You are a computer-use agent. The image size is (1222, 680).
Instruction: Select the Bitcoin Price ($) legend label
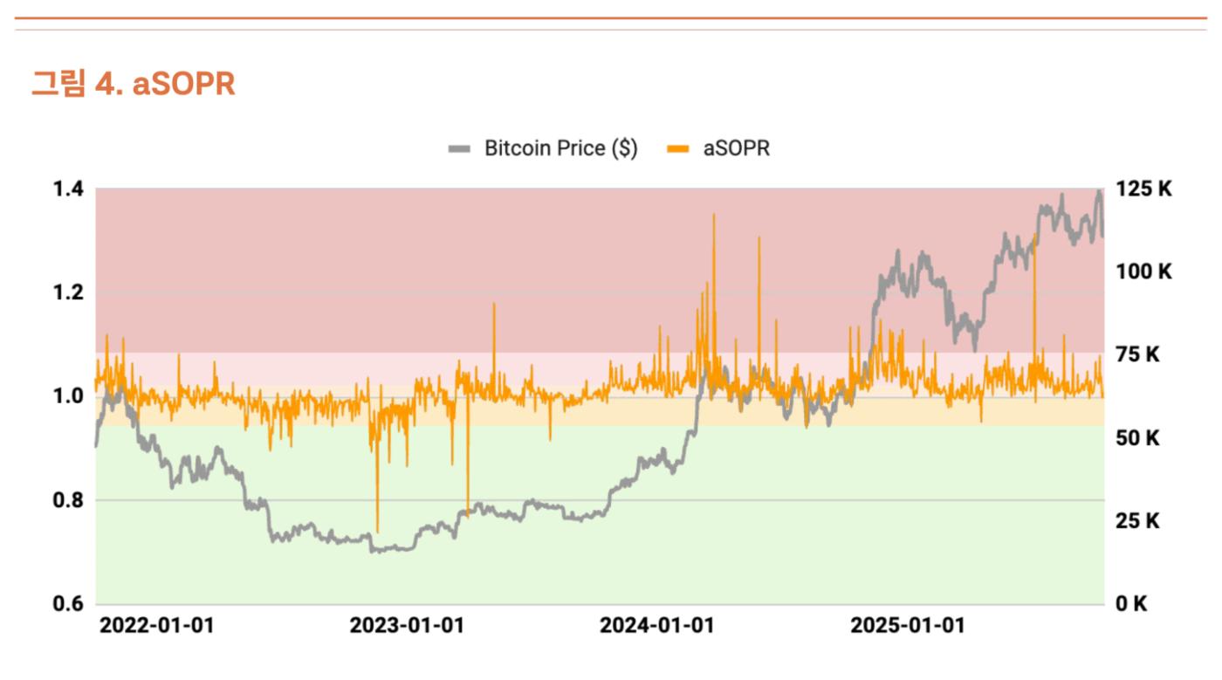coord(560,148)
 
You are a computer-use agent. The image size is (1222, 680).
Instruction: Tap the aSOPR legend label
coord(737,148)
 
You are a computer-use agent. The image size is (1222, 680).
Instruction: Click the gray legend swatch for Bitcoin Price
coord(459,149)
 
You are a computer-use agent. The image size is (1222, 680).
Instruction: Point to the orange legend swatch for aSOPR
coord(677,149)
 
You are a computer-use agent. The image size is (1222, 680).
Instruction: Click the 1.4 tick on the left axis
coord(68,189)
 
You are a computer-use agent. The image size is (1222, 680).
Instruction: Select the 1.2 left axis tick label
coord(68,292)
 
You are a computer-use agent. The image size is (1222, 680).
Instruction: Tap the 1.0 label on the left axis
coord(68,396)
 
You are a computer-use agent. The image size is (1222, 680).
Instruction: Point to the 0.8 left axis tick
coord(68,500)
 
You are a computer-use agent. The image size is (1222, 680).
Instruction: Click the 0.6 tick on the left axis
coord(68,604)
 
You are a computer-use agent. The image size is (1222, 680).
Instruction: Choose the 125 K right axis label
coord(1144,189)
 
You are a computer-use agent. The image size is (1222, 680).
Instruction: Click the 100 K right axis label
coord(1144,271)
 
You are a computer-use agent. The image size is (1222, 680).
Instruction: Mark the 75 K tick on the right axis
coord(1138,354)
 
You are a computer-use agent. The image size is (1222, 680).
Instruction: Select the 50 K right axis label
coord(1138,437)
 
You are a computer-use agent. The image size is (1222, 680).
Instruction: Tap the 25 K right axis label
coord(1138,521)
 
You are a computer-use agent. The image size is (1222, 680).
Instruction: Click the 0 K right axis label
coord(1132,604)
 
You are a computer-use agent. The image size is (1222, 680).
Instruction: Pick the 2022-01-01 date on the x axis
coord(156,627)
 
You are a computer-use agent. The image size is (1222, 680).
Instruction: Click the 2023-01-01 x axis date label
coord(407,627)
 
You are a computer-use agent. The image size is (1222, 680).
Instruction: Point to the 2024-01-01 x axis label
coord(656,627)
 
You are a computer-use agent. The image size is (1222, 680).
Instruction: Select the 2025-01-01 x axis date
coord(908,627)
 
